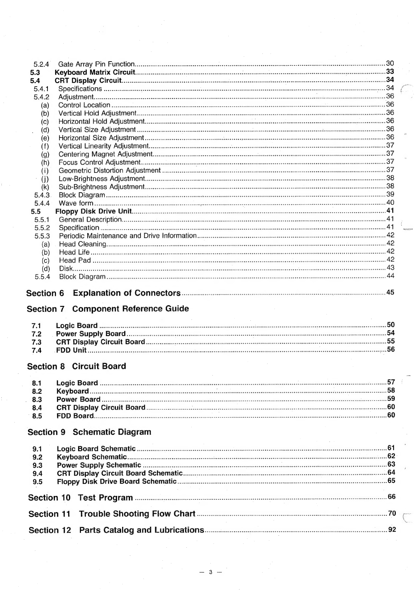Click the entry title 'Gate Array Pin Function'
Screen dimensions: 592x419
click(x=96, y=64)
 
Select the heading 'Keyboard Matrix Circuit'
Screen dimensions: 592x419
click(x=95, y=72)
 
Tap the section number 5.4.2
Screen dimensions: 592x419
click(x=42, y=97)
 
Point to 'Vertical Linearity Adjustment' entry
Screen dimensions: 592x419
click(x=103, y=146)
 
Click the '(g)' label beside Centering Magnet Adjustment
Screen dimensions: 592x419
click(x=45, y=154)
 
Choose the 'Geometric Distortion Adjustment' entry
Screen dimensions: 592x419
click(x=109, y=170)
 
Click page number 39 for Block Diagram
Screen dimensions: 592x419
click(x=390, y=194)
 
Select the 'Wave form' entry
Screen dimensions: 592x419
click(x=76, y=203)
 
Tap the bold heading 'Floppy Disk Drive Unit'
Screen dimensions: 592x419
click(x=94, y=211)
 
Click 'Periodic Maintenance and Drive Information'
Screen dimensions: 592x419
click(x=128, y=236)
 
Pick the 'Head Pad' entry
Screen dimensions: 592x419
click(x=75, y=260)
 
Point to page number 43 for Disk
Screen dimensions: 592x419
click(x=390, y=267)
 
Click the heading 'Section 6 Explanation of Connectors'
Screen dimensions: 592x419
click(x=103, y=293)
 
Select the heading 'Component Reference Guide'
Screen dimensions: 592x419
click(x=131, y=309)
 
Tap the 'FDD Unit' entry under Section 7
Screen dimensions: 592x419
click(x=71, y=350)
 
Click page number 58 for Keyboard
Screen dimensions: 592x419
click(x=391, y=390)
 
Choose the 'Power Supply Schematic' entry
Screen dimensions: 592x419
click(x=99, y=465)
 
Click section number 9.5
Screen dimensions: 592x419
click(x=37, y=482)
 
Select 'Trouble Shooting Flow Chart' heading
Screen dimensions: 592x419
click(x=137, y=514)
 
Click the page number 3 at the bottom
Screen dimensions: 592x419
click(x=210, y=572)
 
